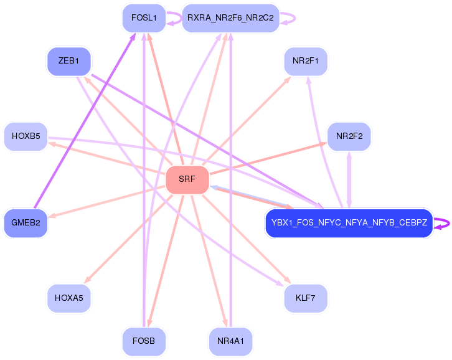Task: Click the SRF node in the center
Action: click(x=187, y=180)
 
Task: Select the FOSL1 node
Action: click(x=143, y=18)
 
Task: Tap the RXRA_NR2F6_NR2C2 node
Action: click(x=230, y=18)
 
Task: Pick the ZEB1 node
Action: click(x=68, y=61)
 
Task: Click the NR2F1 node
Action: click(x=305, y=61)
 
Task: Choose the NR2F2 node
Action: click(x=349, y=136)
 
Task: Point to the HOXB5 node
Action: click(x=26, y=136)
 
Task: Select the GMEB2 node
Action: click(x=26, y=223)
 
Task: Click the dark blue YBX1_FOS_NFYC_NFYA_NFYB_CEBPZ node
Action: click(x=349, y=224)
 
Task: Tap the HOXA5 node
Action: click(x=69, y=298)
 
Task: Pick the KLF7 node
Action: click(x=305, y=298)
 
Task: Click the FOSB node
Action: click(x=144, y=341)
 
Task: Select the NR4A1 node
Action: click(x=230, y=341)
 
